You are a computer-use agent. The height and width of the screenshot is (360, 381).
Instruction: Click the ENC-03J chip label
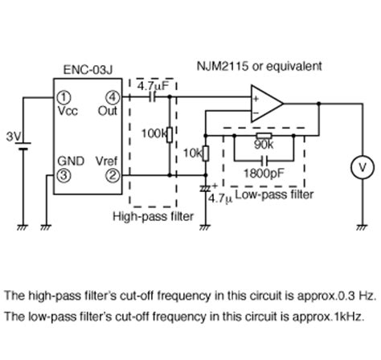(88, 70)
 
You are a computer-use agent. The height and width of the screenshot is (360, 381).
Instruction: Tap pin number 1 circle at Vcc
(63, 97)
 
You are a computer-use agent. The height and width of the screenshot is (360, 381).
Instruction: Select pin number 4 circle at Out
(113, 97)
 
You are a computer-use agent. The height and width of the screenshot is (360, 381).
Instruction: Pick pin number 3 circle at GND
(63, 175)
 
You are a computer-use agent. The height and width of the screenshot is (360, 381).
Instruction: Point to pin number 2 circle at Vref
(113, 175)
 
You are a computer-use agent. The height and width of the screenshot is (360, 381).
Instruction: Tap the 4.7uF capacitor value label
(154, 86)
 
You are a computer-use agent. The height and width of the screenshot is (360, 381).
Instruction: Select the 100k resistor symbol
(170, 135)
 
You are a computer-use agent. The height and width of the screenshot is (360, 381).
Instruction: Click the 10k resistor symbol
(206, 153)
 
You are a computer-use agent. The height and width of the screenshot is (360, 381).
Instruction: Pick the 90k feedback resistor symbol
(264, 136)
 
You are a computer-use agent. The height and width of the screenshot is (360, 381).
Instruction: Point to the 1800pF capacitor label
(264, 174)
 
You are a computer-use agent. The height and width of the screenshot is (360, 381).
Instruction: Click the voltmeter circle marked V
(363, 167)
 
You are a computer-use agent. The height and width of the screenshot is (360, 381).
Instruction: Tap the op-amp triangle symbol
(267, 104)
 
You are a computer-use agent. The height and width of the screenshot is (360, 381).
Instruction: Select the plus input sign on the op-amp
(256, 99)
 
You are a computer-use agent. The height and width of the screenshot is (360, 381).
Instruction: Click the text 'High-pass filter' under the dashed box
(153, 216)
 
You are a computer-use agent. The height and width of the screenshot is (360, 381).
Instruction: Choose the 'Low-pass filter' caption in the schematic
(274, 194)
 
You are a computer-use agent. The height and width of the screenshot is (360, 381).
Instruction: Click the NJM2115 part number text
(223, 66)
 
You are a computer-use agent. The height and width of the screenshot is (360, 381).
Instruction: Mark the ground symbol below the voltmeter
(363, 227)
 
